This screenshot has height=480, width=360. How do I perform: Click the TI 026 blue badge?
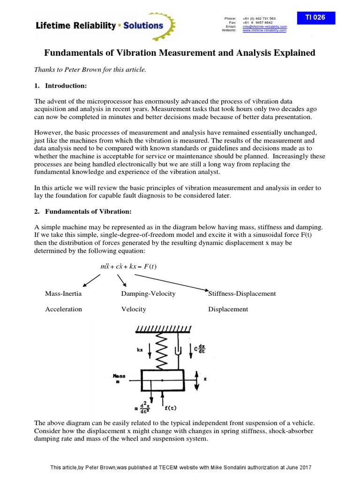[315, 17]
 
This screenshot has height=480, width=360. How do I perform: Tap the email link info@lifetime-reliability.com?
[264, 26]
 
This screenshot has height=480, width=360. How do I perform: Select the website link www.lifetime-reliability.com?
[264, 30]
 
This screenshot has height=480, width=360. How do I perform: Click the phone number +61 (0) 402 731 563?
[259, 18]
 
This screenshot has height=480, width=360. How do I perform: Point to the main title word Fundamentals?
[75, 53]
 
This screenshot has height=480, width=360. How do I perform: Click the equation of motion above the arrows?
[128, 266]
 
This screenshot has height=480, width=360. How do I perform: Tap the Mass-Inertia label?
[63, 293]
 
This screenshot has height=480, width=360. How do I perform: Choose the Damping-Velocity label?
[148, 293]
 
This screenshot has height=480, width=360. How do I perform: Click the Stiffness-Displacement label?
[242, 293]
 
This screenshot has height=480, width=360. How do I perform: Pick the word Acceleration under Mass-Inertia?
[63, 309]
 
